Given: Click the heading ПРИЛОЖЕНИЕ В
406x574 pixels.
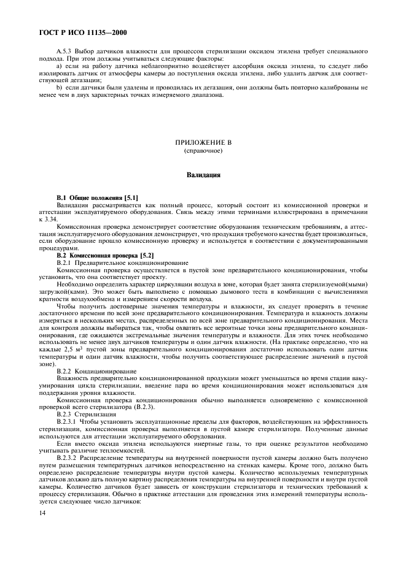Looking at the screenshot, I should pos(203,142).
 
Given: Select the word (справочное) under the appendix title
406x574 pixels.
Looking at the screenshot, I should pos(203,150).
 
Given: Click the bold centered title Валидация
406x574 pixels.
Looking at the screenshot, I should pos(203,175).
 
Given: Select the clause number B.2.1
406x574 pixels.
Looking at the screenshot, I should pos(65,262).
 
